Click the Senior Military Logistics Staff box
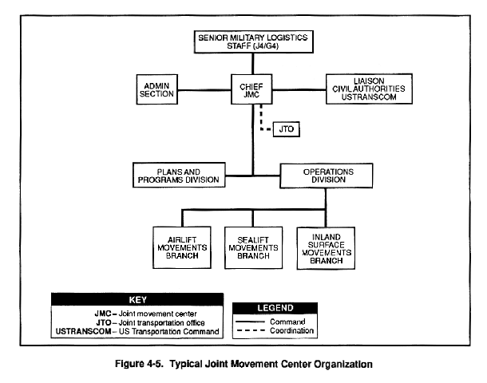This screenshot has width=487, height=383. pos(253,42)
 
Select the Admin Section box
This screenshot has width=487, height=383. pos(156,89)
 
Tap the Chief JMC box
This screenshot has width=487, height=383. pos(251,89)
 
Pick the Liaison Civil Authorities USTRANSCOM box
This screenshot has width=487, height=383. pos(369,89)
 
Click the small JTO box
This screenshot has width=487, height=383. pos(287,129)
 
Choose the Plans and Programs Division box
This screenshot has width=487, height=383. pos(179,175)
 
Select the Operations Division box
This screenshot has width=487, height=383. pos(327,176)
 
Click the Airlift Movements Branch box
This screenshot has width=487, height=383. pos(182,247)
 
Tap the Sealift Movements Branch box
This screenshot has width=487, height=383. pos(253,247)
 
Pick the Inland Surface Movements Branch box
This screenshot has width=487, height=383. pos(326,248)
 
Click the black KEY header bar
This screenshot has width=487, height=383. pos(137,299)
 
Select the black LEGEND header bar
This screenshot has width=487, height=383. pos(275,308)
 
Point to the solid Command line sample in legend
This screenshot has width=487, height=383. pos(251,322)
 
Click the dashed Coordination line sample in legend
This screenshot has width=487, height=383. pos(251,330)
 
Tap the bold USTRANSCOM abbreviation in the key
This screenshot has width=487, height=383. pos(83,331)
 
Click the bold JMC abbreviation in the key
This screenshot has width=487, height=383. pos(103,314)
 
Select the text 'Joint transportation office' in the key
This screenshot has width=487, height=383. pos(161,323)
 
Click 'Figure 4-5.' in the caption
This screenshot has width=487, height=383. pos(139,364)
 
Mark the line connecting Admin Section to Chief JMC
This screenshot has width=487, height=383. pos(204,90)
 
